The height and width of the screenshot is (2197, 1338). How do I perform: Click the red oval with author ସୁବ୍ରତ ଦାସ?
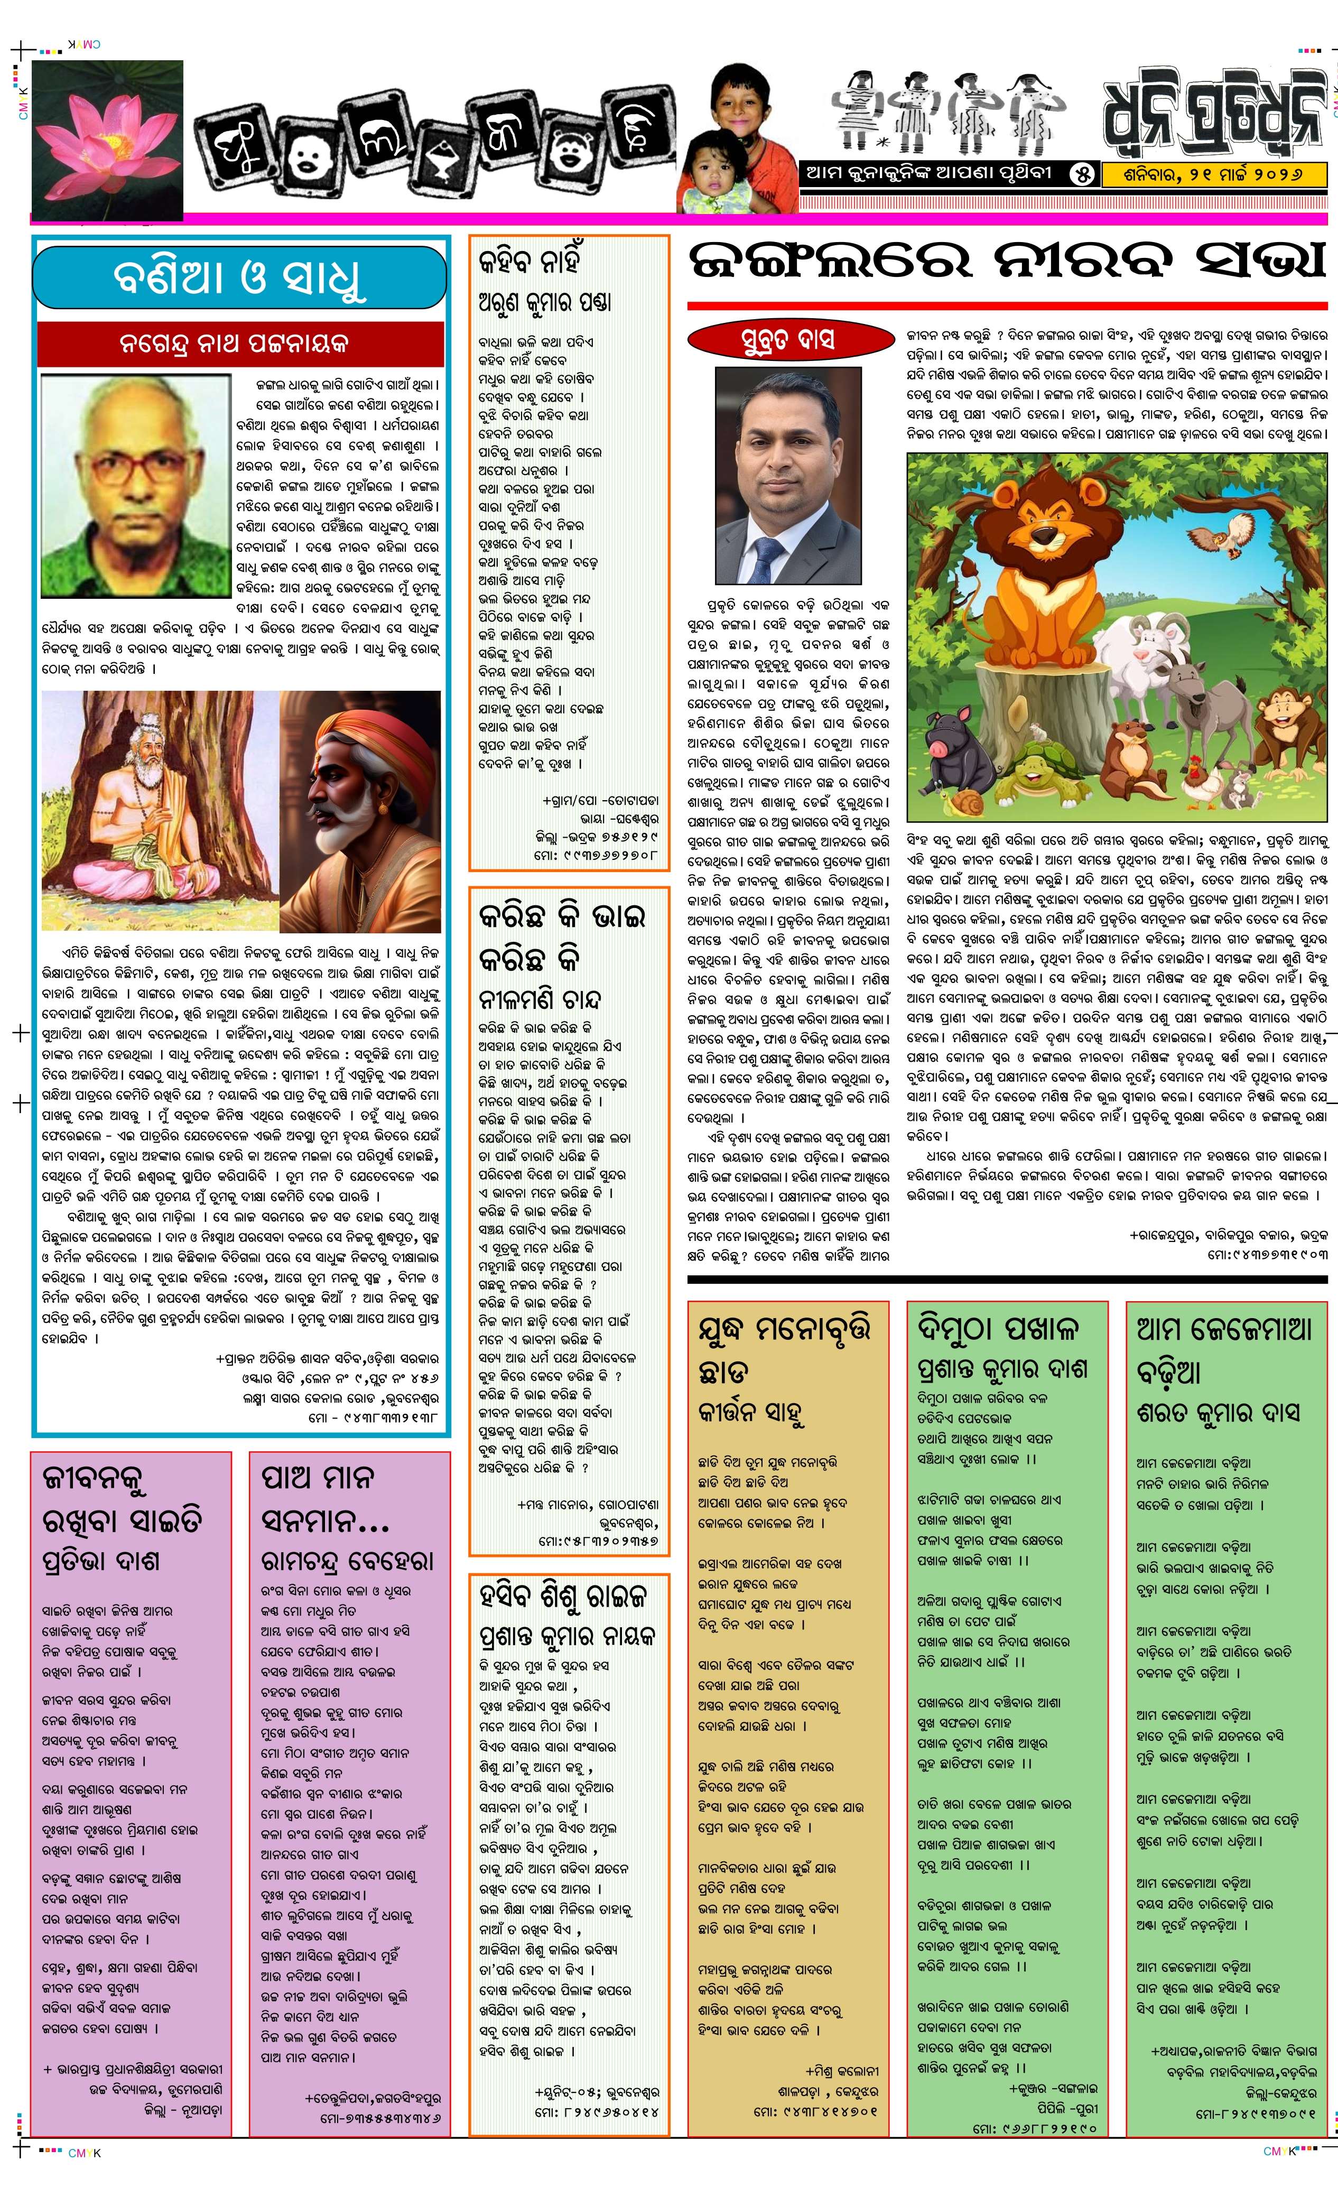[x=789, y=340]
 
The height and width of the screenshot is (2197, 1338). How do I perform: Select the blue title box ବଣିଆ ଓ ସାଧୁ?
[x=239, y=278]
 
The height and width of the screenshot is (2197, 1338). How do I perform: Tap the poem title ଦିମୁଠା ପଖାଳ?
[x=998, y=1329]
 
